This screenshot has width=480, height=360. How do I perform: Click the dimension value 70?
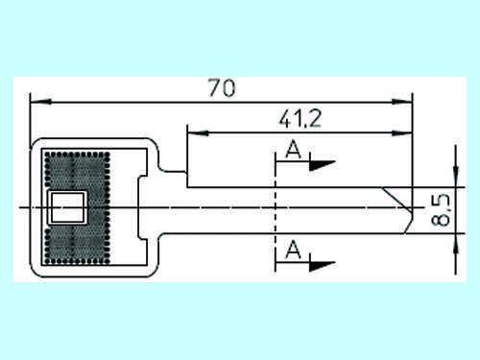(222, 87)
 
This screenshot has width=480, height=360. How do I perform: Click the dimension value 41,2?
(300, 118)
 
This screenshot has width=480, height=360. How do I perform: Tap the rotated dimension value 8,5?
(441, 209)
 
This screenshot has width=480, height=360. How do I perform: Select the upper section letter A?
(294, 149)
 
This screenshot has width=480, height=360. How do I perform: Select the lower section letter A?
(294, 250)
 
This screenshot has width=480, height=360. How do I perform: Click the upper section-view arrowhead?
(322, 165)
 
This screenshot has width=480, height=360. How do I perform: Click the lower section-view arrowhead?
(322, 266)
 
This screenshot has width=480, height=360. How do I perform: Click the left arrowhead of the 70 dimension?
(40, 102)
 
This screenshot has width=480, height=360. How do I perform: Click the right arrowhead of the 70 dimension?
(402, 102)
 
